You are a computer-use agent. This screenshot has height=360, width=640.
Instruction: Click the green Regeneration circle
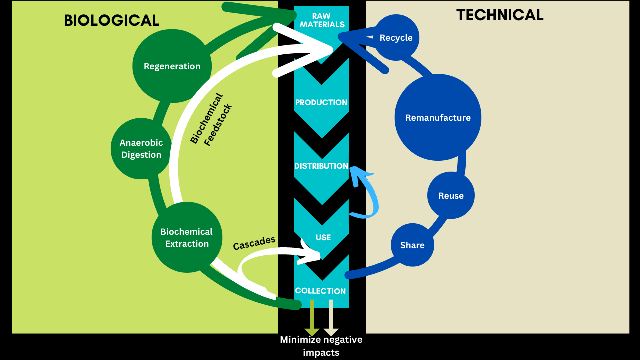point(172,66)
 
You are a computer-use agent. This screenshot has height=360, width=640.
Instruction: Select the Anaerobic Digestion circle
point(141,149)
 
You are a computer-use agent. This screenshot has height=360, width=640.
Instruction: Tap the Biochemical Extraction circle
point(187,238)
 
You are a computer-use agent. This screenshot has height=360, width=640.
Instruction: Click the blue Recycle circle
point(396,38)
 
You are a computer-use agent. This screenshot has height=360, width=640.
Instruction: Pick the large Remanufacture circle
point(438,118)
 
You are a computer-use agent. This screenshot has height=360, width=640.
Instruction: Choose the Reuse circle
point(451,196)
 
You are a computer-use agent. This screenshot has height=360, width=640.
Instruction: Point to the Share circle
point(412,245)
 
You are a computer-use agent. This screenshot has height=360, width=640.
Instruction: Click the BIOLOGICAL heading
point(112,20)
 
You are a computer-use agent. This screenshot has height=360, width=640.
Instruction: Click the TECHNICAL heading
point(500,15)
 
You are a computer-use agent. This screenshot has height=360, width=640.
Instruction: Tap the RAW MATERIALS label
point(322,20)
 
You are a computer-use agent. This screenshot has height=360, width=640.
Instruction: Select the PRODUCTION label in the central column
point(321,103)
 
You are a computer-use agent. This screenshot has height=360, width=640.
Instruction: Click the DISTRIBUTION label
point(321,166)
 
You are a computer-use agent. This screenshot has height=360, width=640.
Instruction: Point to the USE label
point(323,237)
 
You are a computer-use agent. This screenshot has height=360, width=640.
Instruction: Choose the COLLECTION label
point(320,291)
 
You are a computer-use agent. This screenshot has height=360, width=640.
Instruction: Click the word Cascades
point(254,243)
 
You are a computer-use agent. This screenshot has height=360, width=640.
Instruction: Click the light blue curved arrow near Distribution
point(369,195)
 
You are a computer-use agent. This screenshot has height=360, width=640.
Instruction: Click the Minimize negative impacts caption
point(321,346)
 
